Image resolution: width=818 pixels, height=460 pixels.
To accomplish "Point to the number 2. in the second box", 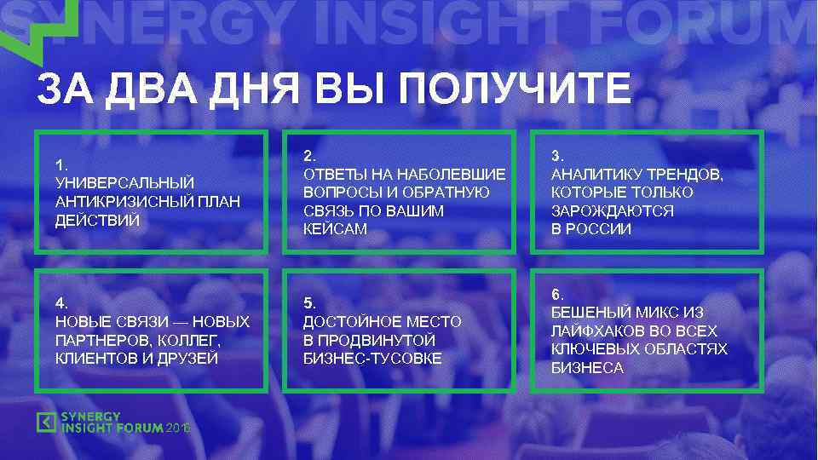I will pyautogui.click(x=309, y=155).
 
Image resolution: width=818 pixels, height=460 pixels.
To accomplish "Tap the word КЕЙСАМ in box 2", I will pyautogui.click(x=335, y=229).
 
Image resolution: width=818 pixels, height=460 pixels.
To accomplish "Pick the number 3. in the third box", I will pyautogui.click(x=557, y=155).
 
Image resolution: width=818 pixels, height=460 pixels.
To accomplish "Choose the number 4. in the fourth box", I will pyautogui.click(x=60, y=303).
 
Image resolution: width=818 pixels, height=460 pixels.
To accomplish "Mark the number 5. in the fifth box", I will pyautogui.click(x=309, y=303).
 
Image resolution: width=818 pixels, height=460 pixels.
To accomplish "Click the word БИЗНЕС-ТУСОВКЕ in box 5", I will pyautogui.click(x=372, y=359).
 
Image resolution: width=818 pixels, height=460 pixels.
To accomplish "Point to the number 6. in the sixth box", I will pyautogui.click(x=557, y=294).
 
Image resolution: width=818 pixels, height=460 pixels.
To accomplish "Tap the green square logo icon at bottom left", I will pyautogui.click(x=46, y=422).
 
